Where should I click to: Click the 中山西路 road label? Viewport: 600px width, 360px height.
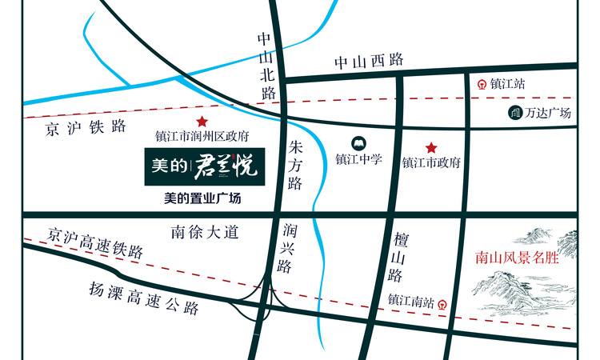click(x=369, y=61)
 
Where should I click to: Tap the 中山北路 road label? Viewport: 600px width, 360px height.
click(x=266, y=66)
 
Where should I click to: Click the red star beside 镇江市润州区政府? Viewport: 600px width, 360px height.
click(x=202, y=122)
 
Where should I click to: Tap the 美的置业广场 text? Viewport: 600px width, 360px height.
click(x=202, y=198)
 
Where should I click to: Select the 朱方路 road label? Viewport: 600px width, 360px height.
click(x=294, y=166)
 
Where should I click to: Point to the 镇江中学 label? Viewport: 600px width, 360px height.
click(x=359, y=158)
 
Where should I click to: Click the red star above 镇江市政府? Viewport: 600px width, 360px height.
click(x=431, y=147)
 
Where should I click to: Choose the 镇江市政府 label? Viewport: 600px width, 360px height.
click(x=431, y=162)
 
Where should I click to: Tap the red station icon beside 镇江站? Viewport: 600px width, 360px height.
click(x=482, y=82)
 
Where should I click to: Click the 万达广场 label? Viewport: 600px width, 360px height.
click(x=548, y=114)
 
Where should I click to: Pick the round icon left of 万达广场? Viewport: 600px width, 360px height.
click(x=514, y=114)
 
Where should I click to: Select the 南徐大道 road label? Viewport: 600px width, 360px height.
click(x=206, y=233)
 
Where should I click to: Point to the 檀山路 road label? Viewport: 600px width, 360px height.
click(x=397, y=258)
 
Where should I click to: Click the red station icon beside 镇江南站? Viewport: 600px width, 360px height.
click(x=442, y=303)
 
